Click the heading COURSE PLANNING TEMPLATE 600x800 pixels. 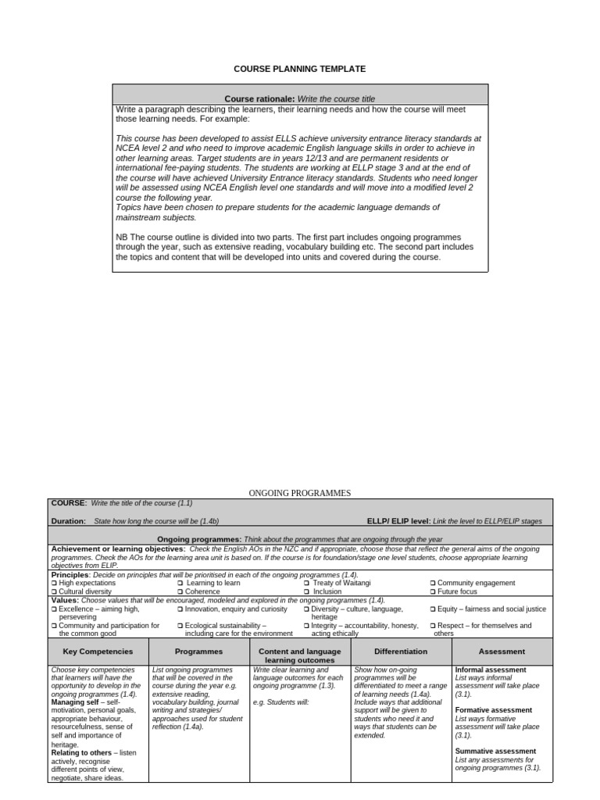click(x=299, y=69)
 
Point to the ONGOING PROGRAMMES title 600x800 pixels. click(x=300, y=493)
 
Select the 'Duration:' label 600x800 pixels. click(x=69, y=520)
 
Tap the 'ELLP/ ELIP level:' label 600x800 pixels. click(x=398, y=520)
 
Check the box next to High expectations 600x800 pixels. click(x=54, y=583)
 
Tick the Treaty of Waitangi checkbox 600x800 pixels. click(x=307, y=583)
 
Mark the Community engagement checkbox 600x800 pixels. click(x=433, y=583)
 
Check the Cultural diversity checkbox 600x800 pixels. click(x=54, y=591)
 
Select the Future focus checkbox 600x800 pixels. click(x=433, y=591)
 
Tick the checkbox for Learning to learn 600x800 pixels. click(x=180, y=583)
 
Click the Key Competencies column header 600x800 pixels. click(x=98, y=651)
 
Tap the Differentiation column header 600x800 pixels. click(x=401, y=651)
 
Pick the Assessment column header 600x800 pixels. click(x=502, y=651)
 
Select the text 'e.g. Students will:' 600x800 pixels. click(x=281, y=702)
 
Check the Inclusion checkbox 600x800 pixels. click(x=306, y=591)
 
